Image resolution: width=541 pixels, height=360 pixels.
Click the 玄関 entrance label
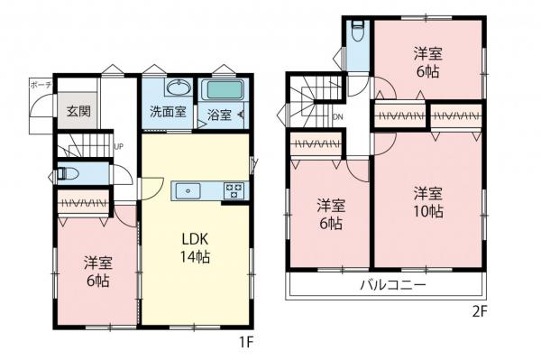(78, 111)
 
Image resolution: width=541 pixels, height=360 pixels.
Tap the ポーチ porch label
(41, 85)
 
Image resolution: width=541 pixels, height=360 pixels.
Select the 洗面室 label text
(168, 113)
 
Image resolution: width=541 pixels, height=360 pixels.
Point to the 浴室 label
(219, 115)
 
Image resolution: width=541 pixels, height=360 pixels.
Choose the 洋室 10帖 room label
(428, 202)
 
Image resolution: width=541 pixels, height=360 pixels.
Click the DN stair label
(339, 117)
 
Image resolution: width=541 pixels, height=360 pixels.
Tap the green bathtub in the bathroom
(224, 91)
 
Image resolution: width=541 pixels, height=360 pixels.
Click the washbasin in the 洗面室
(178, 89)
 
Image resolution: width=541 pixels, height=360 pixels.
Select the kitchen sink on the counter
(189, 190)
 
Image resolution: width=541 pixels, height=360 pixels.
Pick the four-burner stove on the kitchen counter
(234, 190)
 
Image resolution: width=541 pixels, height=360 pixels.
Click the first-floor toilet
(70, 174)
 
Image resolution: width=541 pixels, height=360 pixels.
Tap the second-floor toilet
(358, 29)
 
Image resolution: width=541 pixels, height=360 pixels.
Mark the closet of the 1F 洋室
(84, 205)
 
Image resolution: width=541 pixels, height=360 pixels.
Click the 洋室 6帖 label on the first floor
(97, 271)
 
